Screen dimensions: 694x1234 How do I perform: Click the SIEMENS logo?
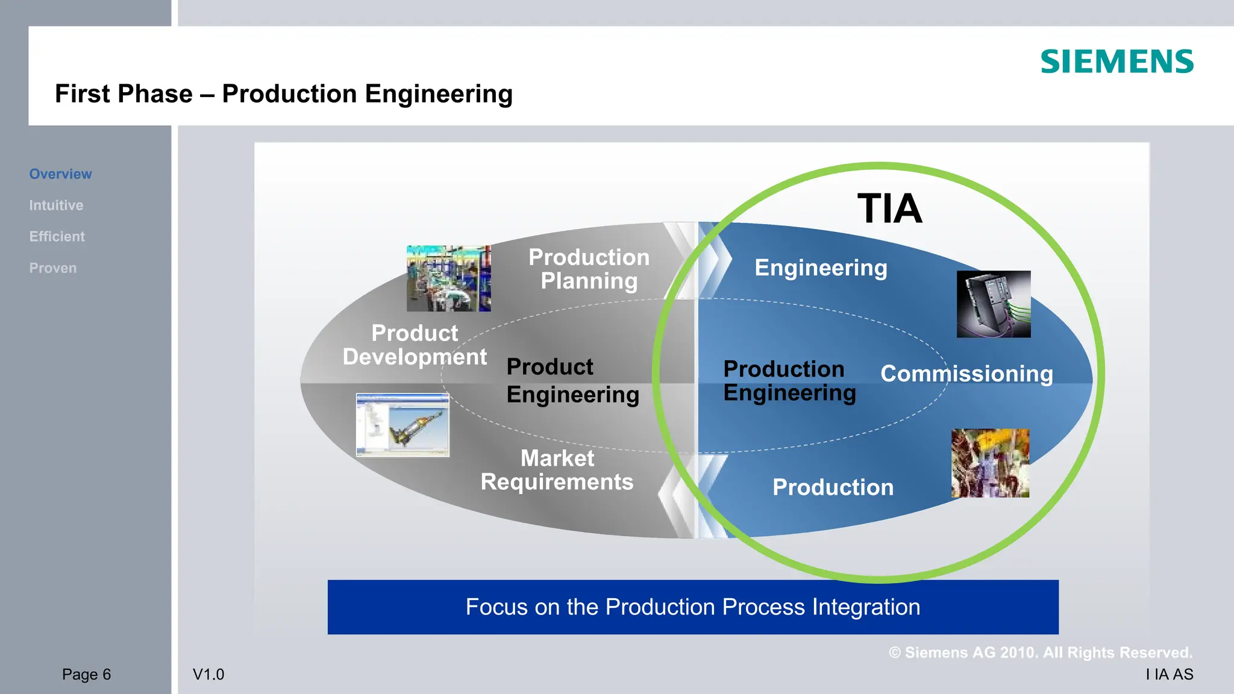(1117, 62)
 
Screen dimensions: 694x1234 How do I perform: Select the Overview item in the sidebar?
(60, 174)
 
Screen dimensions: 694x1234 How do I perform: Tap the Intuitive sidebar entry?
(56, 205)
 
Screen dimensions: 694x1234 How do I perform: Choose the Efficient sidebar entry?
(57, 237)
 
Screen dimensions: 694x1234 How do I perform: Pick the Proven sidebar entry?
(53, 268)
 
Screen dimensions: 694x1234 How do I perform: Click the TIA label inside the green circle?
(889, 209)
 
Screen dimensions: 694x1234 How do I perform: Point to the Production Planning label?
(589, 269)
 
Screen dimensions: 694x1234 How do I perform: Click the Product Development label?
(415, 345)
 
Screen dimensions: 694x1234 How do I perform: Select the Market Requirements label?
(557, 470)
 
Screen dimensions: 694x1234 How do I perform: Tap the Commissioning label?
(966, 374)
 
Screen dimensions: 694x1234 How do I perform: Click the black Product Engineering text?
(572, 381)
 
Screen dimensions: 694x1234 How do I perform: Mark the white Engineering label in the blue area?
(821, 268)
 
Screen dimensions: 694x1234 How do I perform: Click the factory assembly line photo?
(448, 278)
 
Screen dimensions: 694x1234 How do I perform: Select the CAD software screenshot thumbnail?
(402, 425)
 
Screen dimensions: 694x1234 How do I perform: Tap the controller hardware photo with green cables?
(994, 304)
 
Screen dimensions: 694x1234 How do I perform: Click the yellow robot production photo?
(990, 463)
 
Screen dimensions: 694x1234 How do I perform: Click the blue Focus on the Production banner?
(693, 607)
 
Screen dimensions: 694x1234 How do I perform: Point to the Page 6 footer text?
(86, 675)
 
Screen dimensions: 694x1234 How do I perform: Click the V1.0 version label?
(208, 675)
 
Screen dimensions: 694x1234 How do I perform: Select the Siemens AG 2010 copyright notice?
(1041, 653)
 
